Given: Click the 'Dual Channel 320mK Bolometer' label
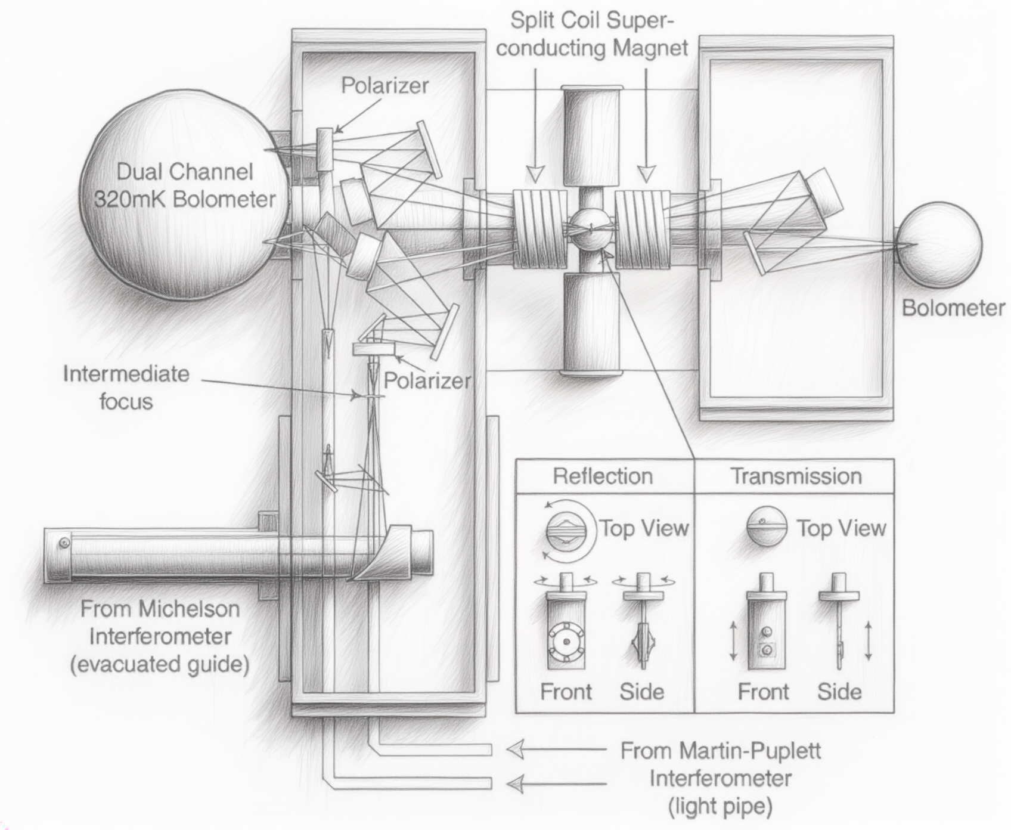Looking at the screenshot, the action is tap(185, 185).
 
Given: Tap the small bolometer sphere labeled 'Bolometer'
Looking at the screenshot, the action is tap(939, 244).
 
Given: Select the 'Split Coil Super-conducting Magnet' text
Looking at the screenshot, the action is tap(593, 34).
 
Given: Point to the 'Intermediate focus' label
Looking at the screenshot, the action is tap(126, 388).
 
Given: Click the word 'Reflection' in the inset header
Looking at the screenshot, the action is tap(603, 476).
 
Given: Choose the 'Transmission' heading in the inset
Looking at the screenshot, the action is tap(796, 476).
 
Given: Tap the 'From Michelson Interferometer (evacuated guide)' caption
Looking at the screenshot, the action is tap(160, 636).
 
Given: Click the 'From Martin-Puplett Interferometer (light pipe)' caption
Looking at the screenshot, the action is tap(721, 778).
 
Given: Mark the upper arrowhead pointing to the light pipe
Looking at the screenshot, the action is tap(515, 749).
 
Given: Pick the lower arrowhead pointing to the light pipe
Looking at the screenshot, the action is tap(515, 782).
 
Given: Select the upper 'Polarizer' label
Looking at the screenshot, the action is tap(384, 85).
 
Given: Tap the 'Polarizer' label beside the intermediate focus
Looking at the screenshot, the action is tap(427, 380).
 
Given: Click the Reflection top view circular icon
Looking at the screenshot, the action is tap(571, 529).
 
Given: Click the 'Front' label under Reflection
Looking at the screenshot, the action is tap(566, 692).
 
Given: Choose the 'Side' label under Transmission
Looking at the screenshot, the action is tap(839, 692).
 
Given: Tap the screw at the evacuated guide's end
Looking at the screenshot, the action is tap(64, 543).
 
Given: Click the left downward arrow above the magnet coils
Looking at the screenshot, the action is tap(535, 125).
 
